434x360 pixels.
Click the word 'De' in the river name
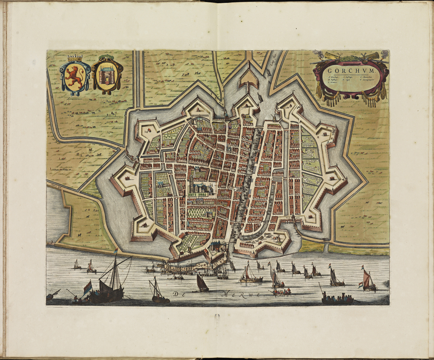point(178,294)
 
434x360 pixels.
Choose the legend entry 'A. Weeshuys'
point(333,78)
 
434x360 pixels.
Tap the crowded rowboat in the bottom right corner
point(337,299)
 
